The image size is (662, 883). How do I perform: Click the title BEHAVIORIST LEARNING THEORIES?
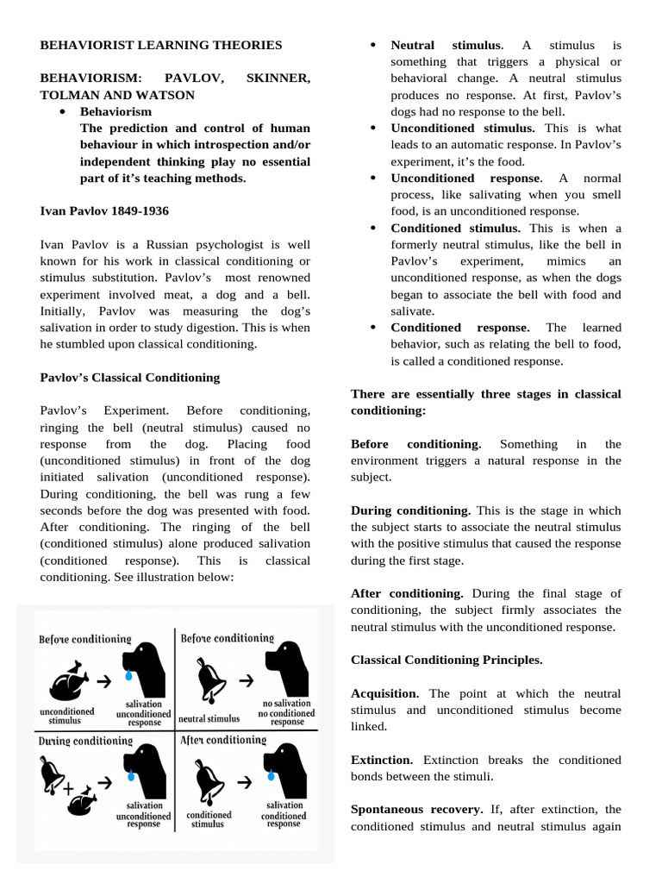tap(161, 44)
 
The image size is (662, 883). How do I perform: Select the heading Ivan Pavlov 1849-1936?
tap(104, 210)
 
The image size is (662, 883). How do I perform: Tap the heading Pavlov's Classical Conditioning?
tap(130, 377)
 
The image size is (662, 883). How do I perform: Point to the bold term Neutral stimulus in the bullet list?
tap(445, 45)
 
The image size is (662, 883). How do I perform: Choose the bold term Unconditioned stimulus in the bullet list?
tap(462, 128)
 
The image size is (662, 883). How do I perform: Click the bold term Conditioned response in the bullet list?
tap(459, 328)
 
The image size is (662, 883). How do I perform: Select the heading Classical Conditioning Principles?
tap(447, 660)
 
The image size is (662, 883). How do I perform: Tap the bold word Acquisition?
tap(384, 693)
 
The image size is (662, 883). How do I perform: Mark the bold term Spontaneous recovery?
tap(416, 810)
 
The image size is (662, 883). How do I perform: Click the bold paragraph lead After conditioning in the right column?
tap(407, 593)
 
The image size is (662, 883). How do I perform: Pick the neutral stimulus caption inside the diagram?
tap(209, 717)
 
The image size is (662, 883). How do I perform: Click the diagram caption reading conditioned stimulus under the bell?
tap(209, 818)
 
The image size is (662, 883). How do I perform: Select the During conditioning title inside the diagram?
tap(84, 741)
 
